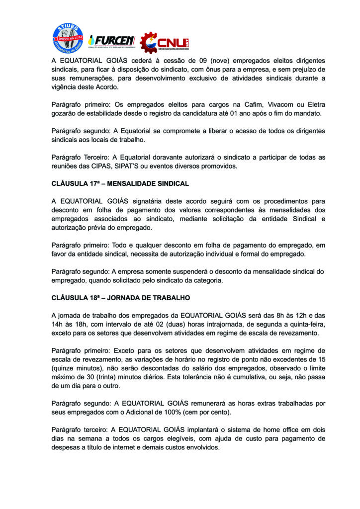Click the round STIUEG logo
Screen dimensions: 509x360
tap(69, 39)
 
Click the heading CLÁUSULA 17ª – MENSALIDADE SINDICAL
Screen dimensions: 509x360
tap(120, 183)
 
